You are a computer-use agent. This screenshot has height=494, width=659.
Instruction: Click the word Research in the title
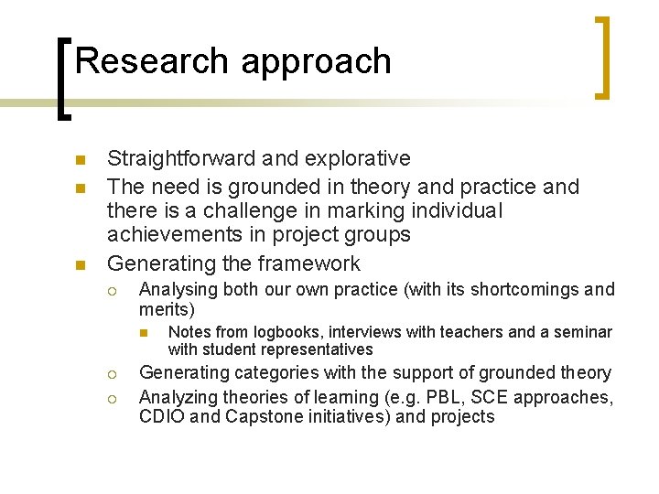[153, 61]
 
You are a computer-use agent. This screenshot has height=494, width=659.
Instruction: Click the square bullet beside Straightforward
[80, 160]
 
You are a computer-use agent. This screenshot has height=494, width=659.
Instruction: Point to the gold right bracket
[602, 57]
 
